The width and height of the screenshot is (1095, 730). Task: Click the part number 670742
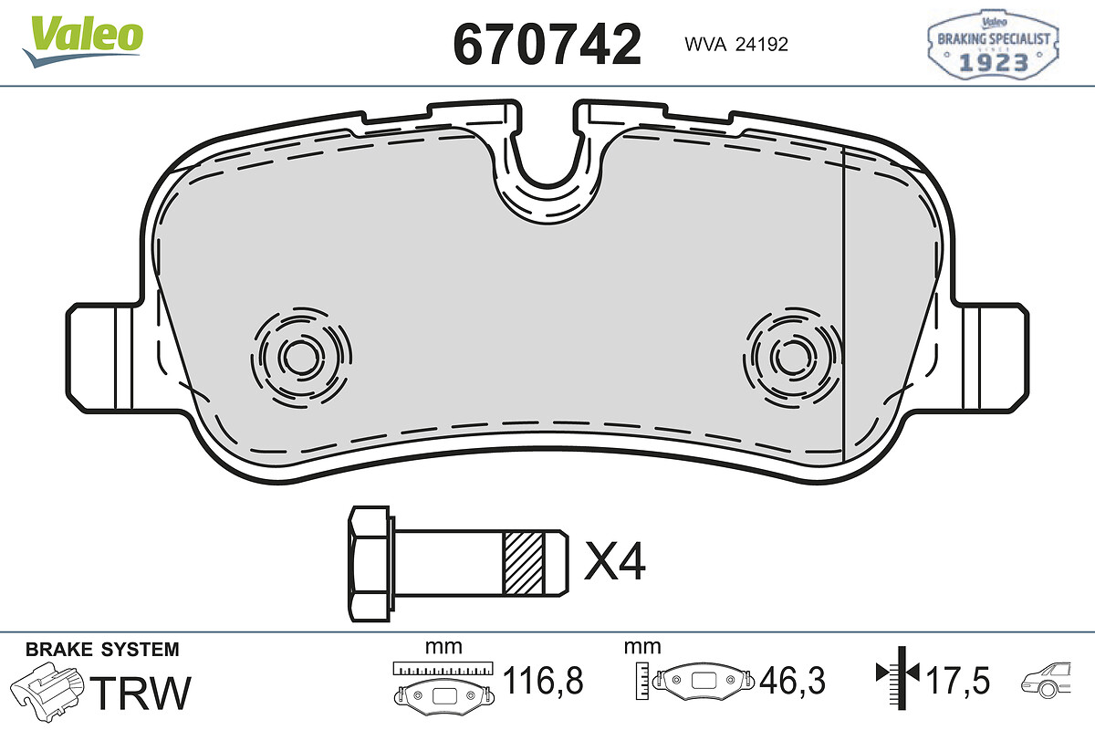pos(547,44)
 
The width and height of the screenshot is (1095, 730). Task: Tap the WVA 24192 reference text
pos(736,45)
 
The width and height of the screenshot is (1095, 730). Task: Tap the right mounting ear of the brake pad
pos(994,358)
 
